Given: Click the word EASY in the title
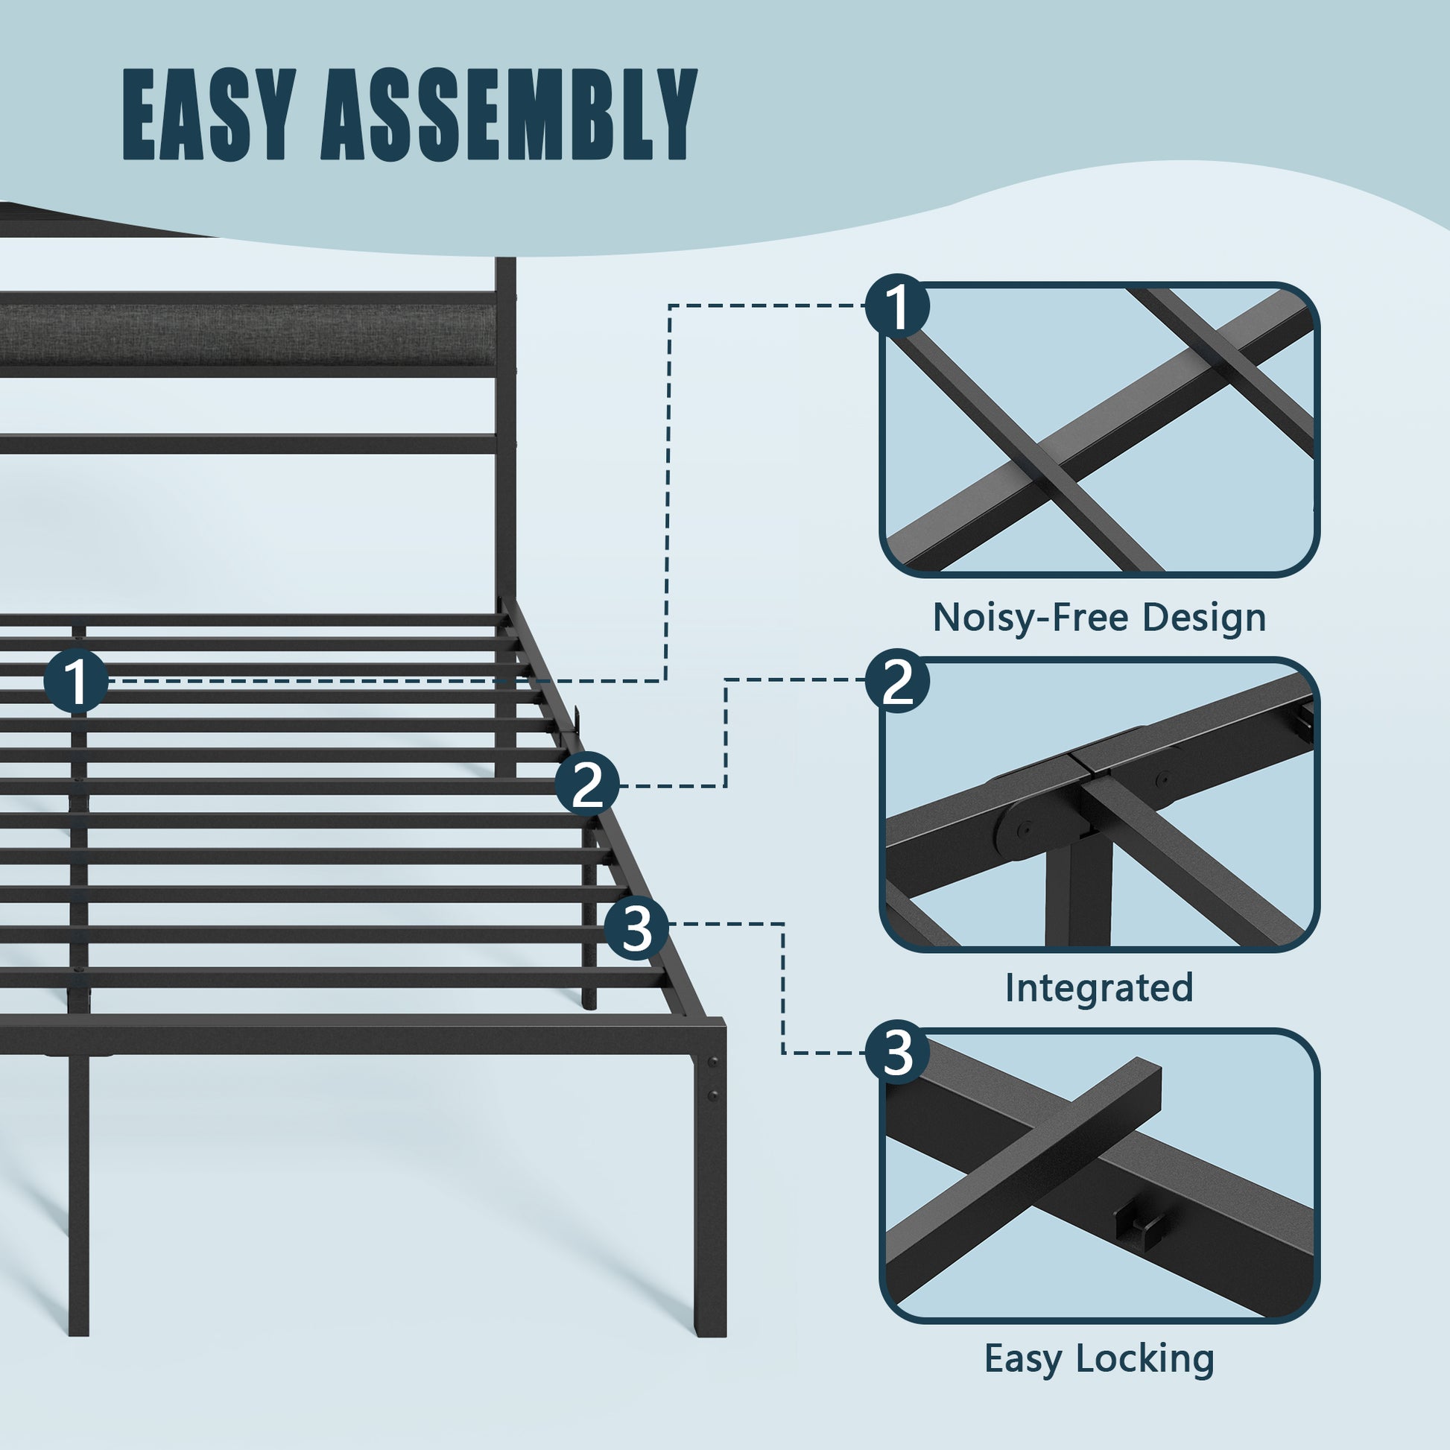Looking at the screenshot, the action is (x=205, y=115).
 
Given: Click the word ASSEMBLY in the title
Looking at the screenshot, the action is (x=508, y=115).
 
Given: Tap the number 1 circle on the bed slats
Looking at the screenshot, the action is (x=76, y=681).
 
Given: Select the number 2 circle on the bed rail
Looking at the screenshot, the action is (x=588, y=785).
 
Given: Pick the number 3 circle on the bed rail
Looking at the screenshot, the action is (x=636, y=928).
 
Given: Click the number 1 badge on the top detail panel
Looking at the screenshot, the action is (x=897, y=307).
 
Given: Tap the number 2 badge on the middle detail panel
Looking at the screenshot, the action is (x=897, y=682).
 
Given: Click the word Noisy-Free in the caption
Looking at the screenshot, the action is (x=1031, y=618).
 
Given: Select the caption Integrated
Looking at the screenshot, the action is (x=1099, y=989).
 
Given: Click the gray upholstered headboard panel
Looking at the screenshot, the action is (x=247, y=335).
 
